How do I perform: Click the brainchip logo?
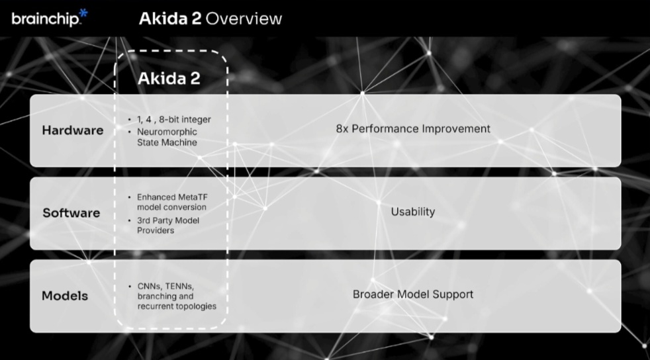[x=50, y=18]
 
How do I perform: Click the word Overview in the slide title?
[x=244, y=19]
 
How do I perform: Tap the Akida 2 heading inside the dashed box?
[x=169, y=78]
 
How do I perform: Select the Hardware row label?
[x=73, y=130]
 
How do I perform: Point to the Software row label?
[x=71, y=213]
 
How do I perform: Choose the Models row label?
[x=65, y=296]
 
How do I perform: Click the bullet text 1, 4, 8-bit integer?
[x=174, y=120]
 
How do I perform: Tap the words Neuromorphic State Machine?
[x=167, y=137]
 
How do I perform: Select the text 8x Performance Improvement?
[x=413, y=129]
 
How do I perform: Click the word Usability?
[x=413, y=212]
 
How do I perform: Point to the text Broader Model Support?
[x=413, y=294]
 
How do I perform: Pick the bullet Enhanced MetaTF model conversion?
[x=173, y=202]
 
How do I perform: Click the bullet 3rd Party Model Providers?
[x=168, y=226]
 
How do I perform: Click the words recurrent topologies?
[x=177, y=306]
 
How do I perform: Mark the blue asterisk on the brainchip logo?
[x=83, y=13]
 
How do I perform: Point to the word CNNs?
[x=150, y=287]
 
